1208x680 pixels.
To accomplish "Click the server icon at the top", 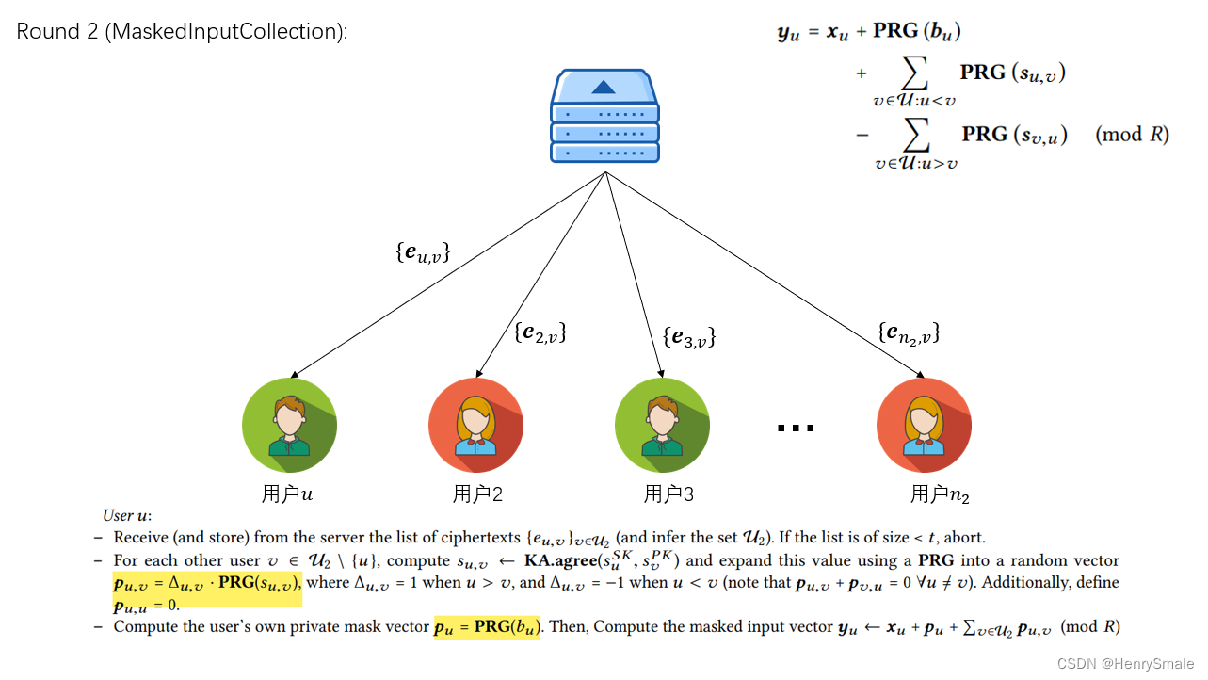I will pyautogui.click(x=604, y=116).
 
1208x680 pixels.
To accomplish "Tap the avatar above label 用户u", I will pyautogui.click(x=289, y=425).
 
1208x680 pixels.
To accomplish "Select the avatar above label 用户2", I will pyautogui.click(x=475, y=425).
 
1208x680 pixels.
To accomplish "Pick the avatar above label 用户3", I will pyautogui.click(x=662, y=425).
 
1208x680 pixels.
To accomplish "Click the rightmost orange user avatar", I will pyautogui.click(x=924, y=425).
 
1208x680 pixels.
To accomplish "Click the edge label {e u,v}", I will pyautogui.click(x=423, y=252).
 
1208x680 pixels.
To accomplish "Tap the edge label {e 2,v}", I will pyautogui.click(x=540, y=332).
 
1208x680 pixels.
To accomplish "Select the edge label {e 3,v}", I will pyautogui.click(x=689, y=337).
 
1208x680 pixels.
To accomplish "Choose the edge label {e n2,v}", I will pyautogui.click(x=909, y=332).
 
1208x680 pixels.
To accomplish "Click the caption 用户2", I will pyautogui.click(x=477, y=494).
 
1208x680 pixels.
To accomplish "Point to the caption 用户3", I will pyautogui.click(x=668, y=494).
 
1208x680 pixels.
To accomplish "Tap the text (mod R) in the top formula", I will pyautogui.click(x=1132, y=134).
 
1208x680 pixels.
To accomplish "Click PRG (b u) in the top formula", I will pyautogui.click(x=916, y=31).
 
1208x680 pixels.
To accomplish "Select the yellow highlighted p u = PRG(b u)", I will pyautogui.click(x=487, y=627).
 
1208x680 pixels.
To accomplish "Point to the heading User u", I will pyautogui.click(x=127, y=515).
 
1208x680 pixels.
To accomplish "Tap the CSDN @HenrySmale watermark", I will pyautogui.click(x=1125, y=664).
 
